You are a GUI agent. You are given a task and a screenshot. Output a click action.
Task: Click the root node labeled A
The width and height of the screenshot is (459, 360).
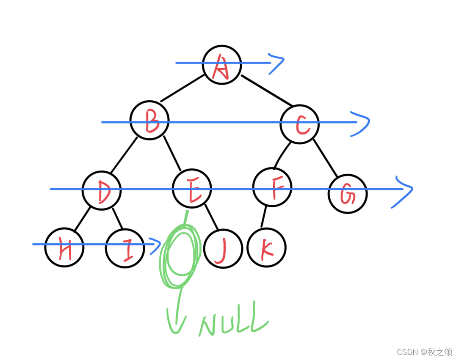222,64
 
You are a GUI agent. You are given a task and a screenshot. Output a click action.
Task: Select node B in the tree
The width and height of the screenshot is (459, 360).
149,120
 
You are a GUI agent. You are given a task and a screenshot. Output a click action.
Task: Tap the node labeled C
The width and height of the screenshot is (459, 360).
300,124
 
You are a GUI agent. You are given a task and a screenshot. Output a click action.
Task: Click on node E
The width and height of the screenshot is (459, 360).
192,189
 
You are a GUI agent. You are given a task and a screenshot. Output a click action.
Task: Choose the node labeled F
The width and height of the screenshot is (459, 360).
272,187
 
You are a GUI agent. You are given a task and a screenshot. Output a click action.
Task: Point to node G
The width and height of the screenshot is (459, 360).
348,194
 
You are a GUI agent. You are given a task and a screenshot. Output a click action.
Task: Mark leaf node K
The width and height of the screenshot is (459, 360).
267,247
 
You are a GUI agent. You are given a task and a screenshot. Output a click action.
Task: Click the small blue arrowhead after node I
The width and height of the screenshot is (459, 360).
155,245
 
